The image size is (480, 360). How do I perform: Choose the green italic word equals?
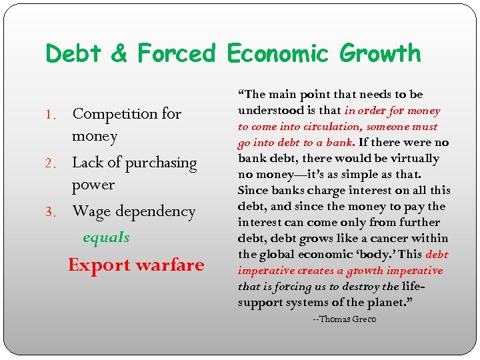click(x=106, y=238)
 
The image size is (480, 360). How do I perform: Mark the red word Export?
click(x=99, y=265)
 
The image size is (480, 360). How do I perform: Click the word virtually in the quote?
click(x=415, y=158)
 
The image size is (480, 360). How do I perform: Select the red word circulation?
click(x=317, y=126)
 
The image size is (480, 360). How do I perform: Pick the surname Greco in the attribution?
click(x=365, y=319)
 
